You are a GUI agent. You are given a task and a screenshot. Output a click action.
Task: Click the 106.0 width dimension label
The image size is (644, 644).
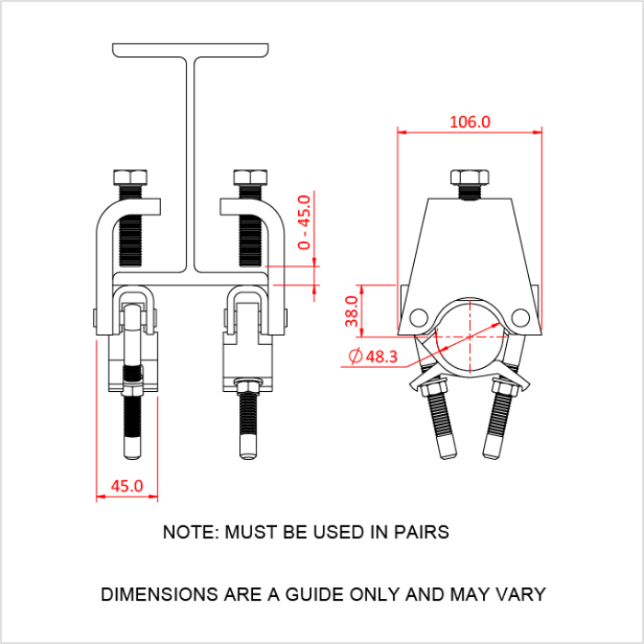[469, 121]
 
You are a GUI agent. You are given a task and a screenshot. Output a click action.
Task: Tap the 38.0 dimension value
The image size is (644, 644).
[350, 311]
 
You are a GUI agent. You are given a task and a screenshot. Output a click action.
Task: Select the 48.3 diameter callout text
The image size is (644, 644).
[380, 357]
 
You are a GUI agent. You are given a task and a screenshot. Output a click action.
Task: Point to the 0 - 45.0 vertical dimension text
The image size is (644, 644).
[305, 223]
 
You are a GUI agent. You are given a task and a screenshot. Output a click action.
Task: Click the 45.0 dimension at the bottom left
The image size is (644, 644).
[126, 485]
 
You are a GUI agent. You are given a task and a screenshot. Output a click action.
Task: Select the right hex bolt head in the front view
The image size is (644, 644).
[250, 178]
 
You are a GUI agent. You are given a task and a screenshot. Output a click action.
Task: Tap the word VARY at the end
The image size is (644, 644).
[522, 594]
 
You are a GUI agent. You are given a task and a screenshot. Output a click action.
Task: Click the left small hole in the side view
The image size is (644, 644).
[420, 317]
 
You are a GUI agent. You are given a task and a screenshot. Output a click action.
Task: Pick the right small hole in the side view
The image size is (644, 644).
[521, 317]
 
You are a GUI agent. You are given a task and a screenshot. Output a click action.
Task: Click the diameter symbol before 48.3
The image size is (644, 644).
[355, 357]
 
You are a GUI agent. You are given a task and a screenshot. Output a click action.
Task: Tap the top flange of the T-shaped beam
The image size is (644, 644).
[192, 50]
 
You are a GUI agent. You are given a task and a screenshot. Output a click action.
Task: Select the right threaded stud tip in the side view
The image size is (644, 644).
[492, 448]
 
